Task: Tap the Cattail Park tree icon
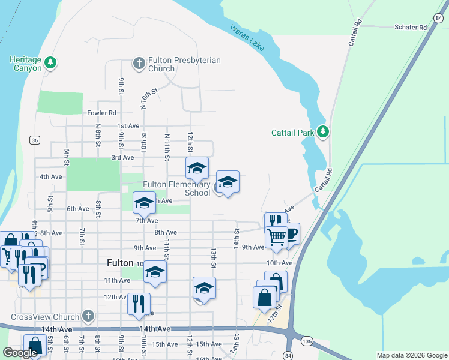323,131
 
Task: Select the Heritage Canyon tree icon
51,62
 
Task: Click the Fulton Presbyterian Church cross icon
139,62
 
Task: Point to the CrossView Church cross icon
88,316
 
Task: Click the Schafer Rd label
411,28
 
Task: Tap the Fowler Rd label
101,113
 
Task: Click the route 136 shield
307,341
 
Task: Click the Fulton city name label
119,263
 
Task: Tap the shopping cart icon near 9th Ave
276,237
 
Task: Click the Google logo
20,353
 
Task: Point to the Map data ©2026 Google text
411,355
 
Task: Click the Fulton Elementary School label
176,188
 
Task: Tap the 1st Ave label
128,126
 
